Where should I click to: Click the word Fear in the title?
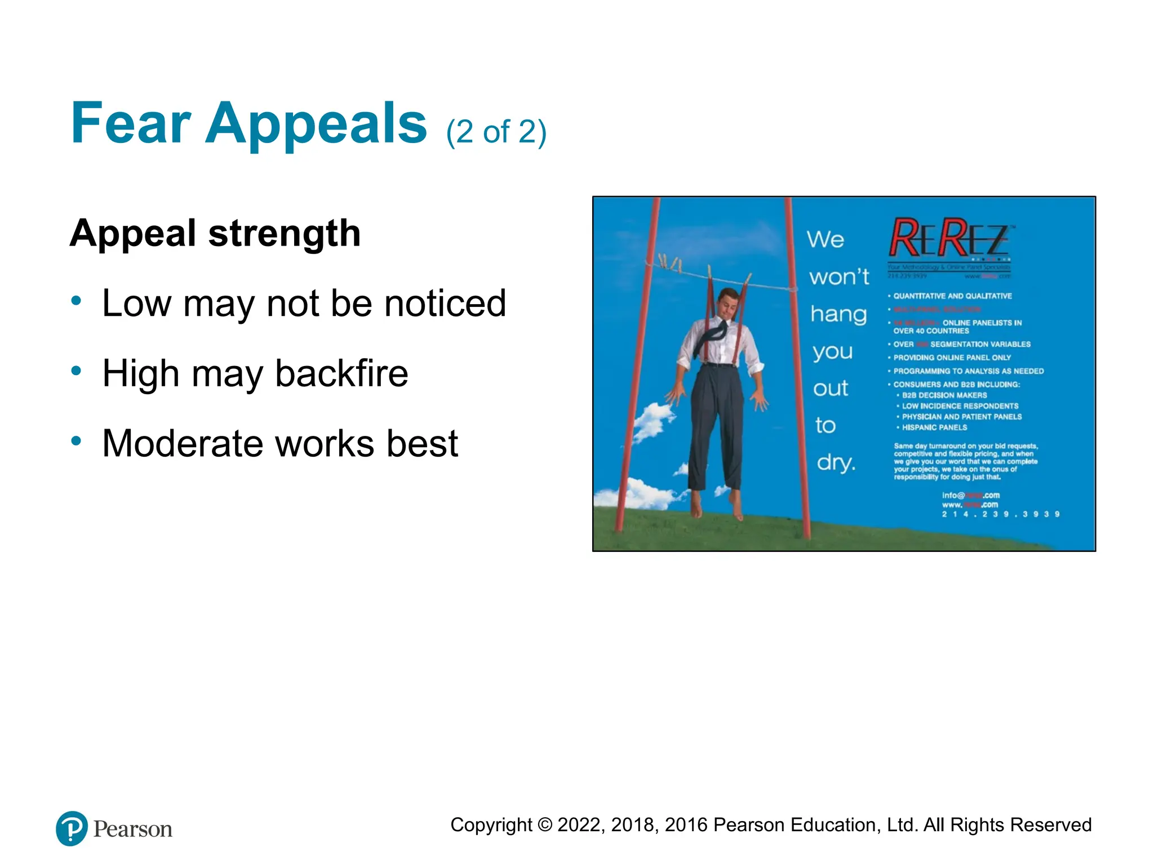(131, 123)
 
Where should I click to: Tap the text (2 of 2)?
(496, 132)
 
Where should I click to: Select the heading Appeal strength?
(215, 233)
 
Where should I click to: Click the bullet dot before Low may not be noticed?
(77, 300)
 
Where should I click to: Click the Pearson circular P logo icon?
(72, 828)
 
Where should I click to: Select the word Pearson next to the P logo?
(132, 830)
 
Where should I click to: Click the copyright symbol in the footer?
(544, 825)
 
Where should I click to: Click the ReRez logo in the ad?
(950, 239)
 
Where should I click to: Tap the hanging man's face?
(729, 304)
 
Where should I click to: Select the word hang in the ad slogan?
(838, 314)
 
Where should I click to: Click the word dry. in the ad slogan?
(836, 463)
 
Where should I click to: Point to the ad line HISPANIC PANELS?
(934, 428)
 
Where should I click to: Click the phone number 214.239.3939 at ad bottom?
(1001, 514)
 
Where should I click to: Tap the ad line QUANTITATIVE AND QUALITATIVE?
(952, 296)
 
